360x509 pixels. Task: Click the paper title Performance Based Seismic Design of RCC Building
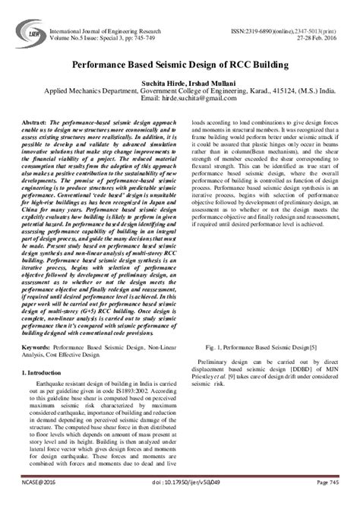click(x=179, y=66)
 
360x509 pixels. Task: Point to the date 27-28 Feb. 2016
click(x=319, y=19)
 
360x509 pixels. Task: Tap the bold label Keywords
click(x=38, y=346)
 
